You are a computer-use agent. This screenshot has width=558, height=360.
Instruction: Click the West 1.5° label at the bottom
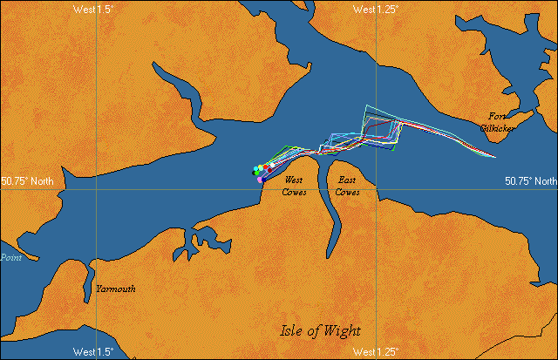[x=93, y=352]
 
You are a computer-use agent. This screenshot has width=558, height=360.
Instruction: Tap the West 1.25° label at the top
[x=376, y=9]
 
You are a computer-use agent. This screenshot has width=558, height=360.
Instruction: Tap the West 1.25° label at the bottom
[x=376, y=352]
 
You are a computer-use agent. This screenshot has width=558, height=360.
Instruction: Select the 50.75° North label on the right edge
[x=530, y=181]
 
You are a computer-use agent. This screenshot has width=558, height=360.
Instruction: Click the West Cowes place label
[x=294, y=186]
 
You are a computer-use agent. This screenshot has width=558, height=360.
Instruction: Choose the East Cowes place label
[x=348, y=186]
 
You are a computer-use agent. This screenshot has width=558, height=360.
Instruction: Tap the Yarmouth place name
[x=115, y=289]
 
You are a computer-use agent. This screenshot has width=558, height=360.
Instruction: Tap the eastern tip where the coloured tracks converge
[x=495, y=158]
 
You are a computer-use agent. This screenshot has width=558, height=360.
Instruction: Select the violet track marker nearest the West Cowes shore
[x=260, y=179]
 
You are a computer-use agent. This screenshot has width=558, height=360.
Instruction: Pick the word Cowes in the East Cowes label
[x=348, y=192]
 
